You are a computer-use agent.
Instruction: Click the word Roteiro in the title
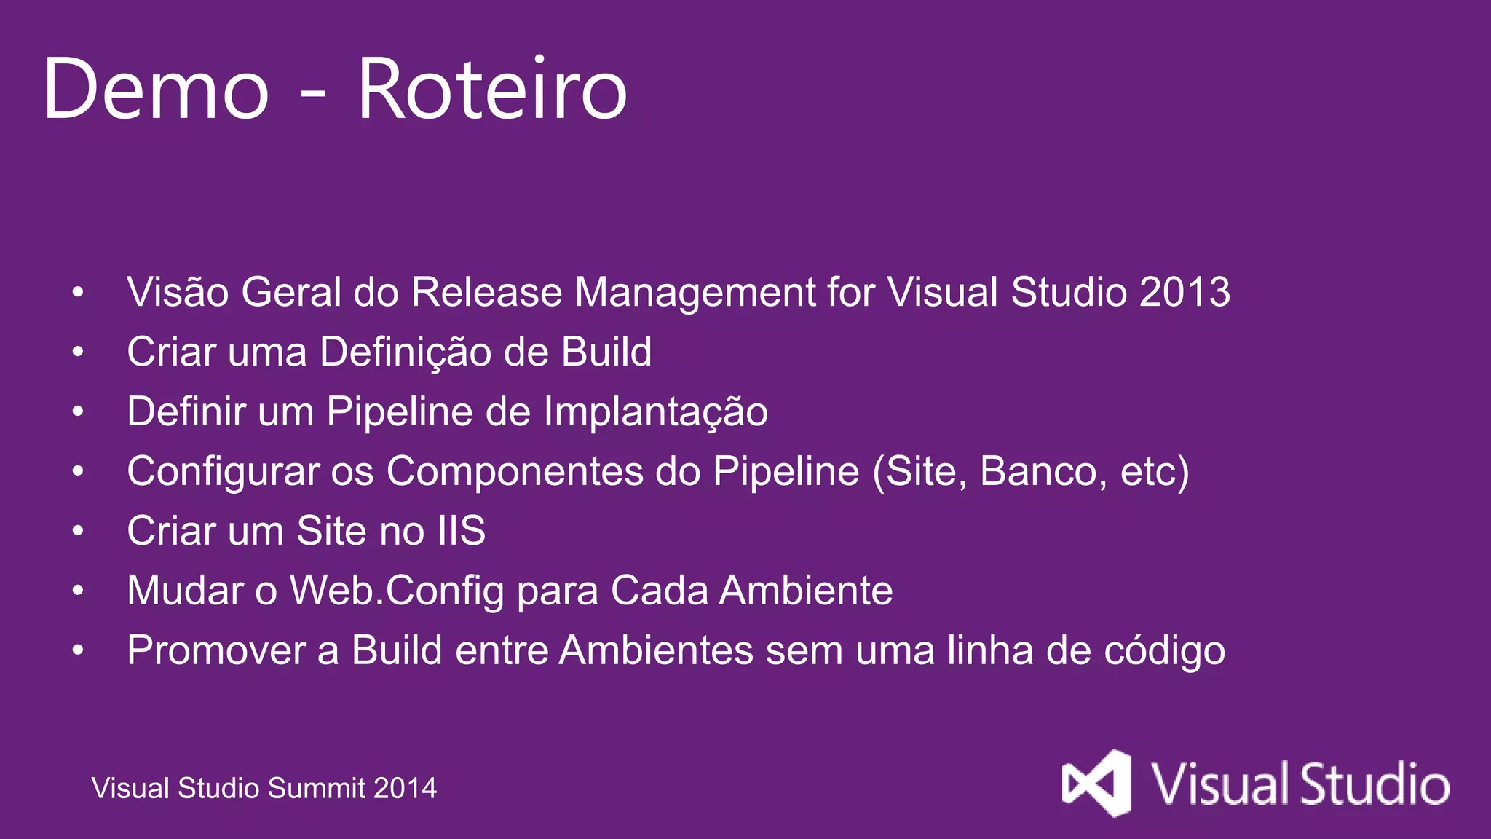[492, 90]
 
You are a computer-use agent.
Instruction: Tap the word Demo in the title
[157, 90]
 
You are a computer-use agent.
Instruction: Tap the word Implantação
[655, 412]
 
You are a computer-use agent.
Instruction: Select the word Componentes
[515, 472]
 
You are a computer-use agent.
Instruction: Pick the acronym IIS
[462, 531]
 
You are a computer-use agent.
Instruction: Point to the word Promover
[215, 650]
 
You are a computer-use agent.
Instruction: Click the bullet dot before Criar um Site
[78, 531]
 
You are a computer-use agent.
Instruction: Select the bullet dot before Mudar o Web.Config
[78, 591]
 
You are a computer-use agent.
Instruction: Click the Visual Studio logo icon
[1096, 784]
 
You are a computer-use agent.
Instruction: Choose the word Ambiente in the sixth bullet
[806, 591]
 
